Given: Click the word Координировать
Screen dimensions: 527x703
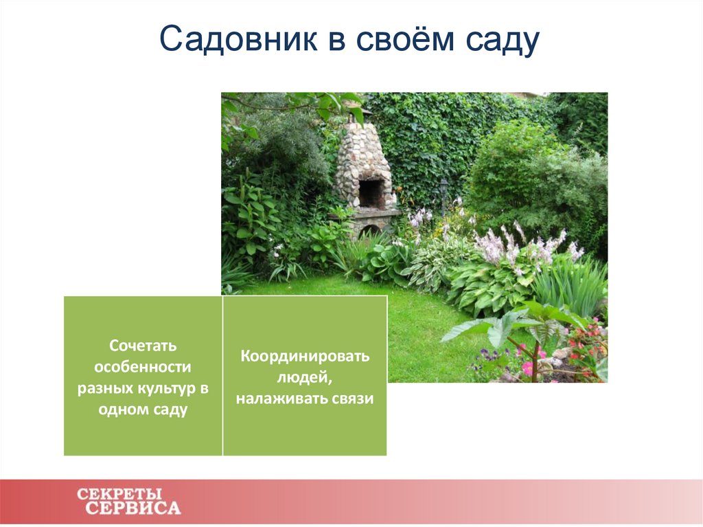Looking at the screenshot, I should click(305, 357).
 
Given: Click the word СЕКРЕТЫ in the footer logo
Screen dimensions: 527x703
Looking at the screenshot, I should click(119, 493).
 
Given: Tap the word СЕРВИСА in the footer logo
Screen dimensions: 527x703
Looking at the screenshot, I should click(133, 508).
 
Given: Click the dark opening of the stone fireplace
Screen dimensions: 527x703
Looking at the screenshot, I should click(371, 193).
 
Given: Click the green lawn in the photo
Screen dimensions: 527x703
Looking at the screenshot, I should click(419, 323).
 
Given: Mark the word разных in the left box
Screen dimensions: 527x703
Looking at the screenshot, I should click(100, 388).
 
